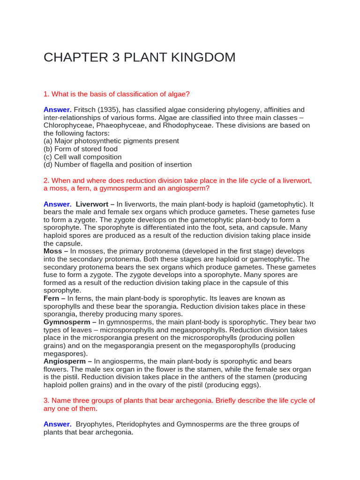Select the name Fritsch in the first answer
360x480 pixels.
click(85, 109)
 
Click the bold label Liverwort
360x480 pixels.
click(93, 204)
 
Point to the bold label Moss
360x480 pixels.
click(52, 251)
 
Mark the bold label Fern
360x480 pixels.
click(52, 298)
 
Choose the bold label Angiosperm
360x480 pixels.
click(65, 361)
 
